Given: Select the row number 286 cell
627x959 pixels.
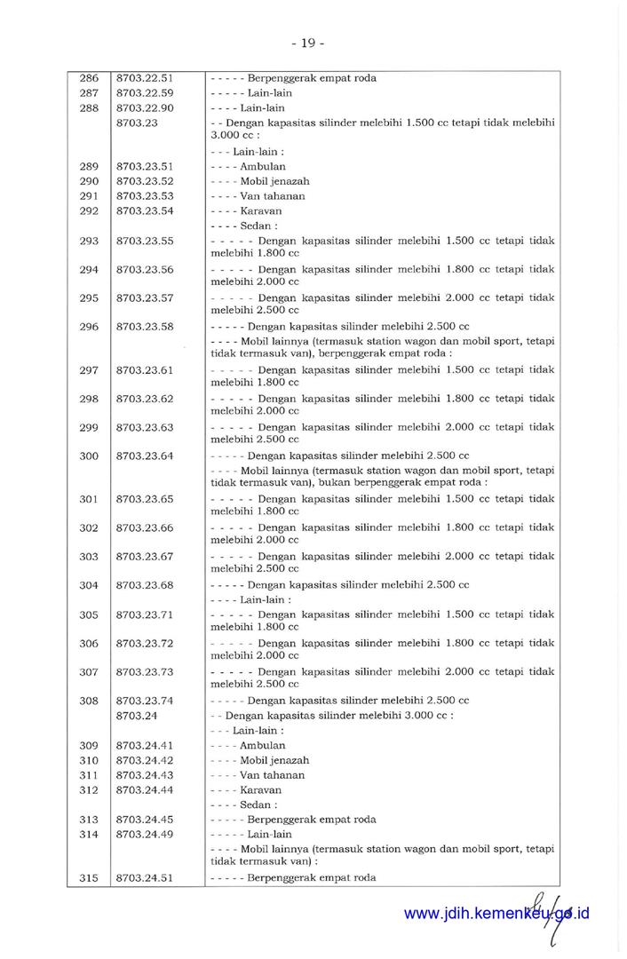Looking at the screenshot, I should (x=89, y=78).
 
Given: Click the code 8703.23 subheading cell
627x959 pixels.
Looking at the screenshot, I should (x=137, y=123).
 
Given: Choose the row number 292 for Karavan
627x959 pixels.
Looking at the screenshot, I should (x=89, y=211).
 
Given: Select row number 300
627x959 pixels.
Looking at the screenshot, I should (x=89, y=456).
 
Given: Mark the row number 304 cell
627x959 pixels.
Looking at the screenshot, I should (x=89, y=585).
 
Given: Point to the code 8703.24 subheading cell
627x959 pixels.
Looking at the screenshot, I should (x=137, y=715).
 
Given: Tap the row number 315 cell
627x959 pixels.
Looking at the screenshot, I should (x=89, y=878).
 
